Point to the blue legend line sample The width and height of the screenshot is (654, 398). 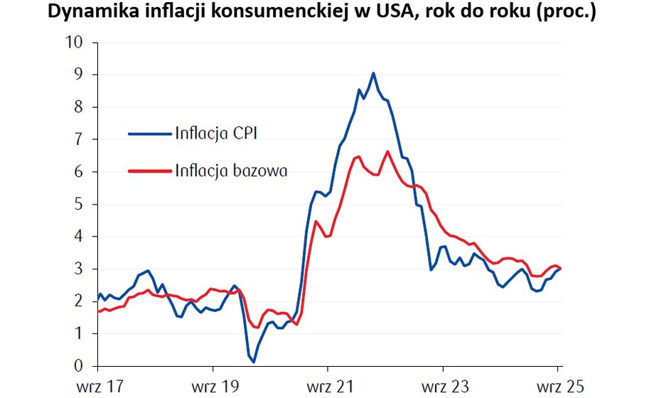150,133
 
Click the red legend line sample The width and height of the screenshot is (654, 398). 150,170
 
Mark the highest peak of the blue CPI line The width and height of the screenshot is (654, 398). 373,73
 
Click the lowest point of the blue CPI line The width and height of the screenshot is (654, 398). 254,362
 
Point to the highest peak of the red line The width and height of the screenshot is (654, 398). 387,151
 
